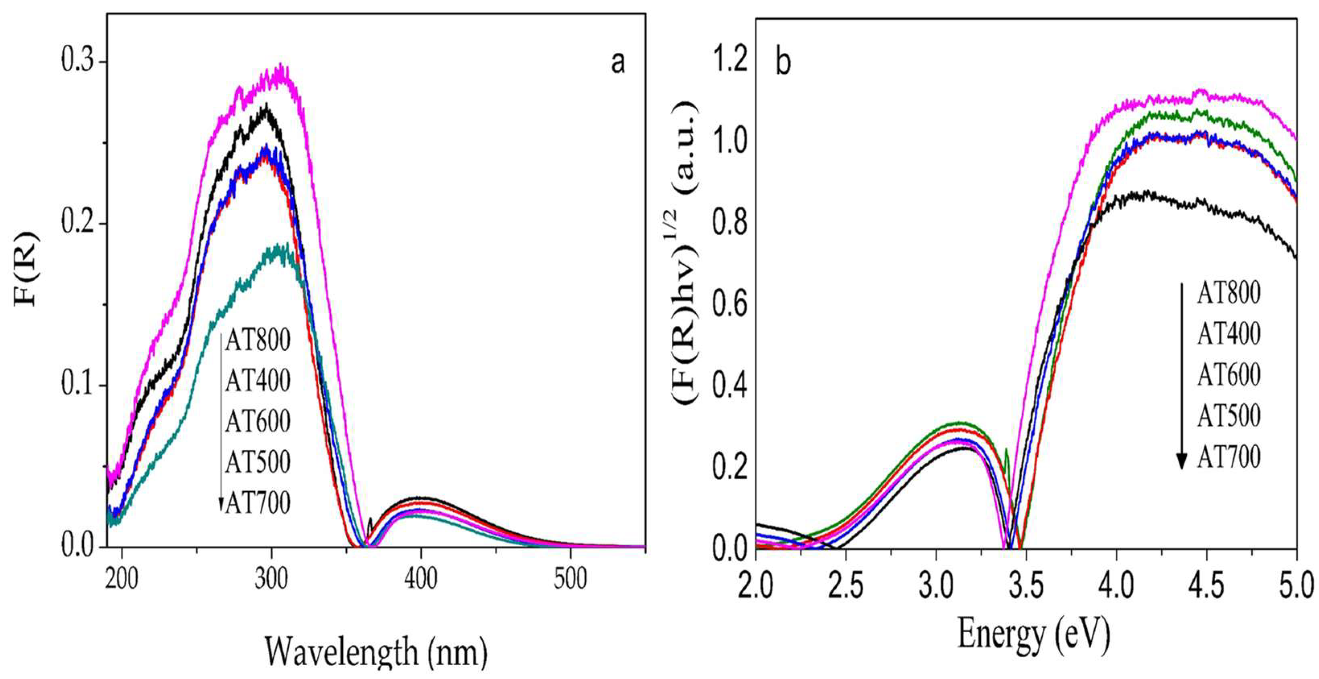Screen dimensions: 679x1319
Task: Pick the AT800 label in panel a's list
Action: (x=257, y=340)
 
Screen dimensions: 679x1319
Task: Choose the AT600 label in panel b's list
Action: (x=1228, y=375)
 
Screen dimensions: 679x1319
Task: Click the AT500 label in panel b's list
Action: (x=1228, y=416)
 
